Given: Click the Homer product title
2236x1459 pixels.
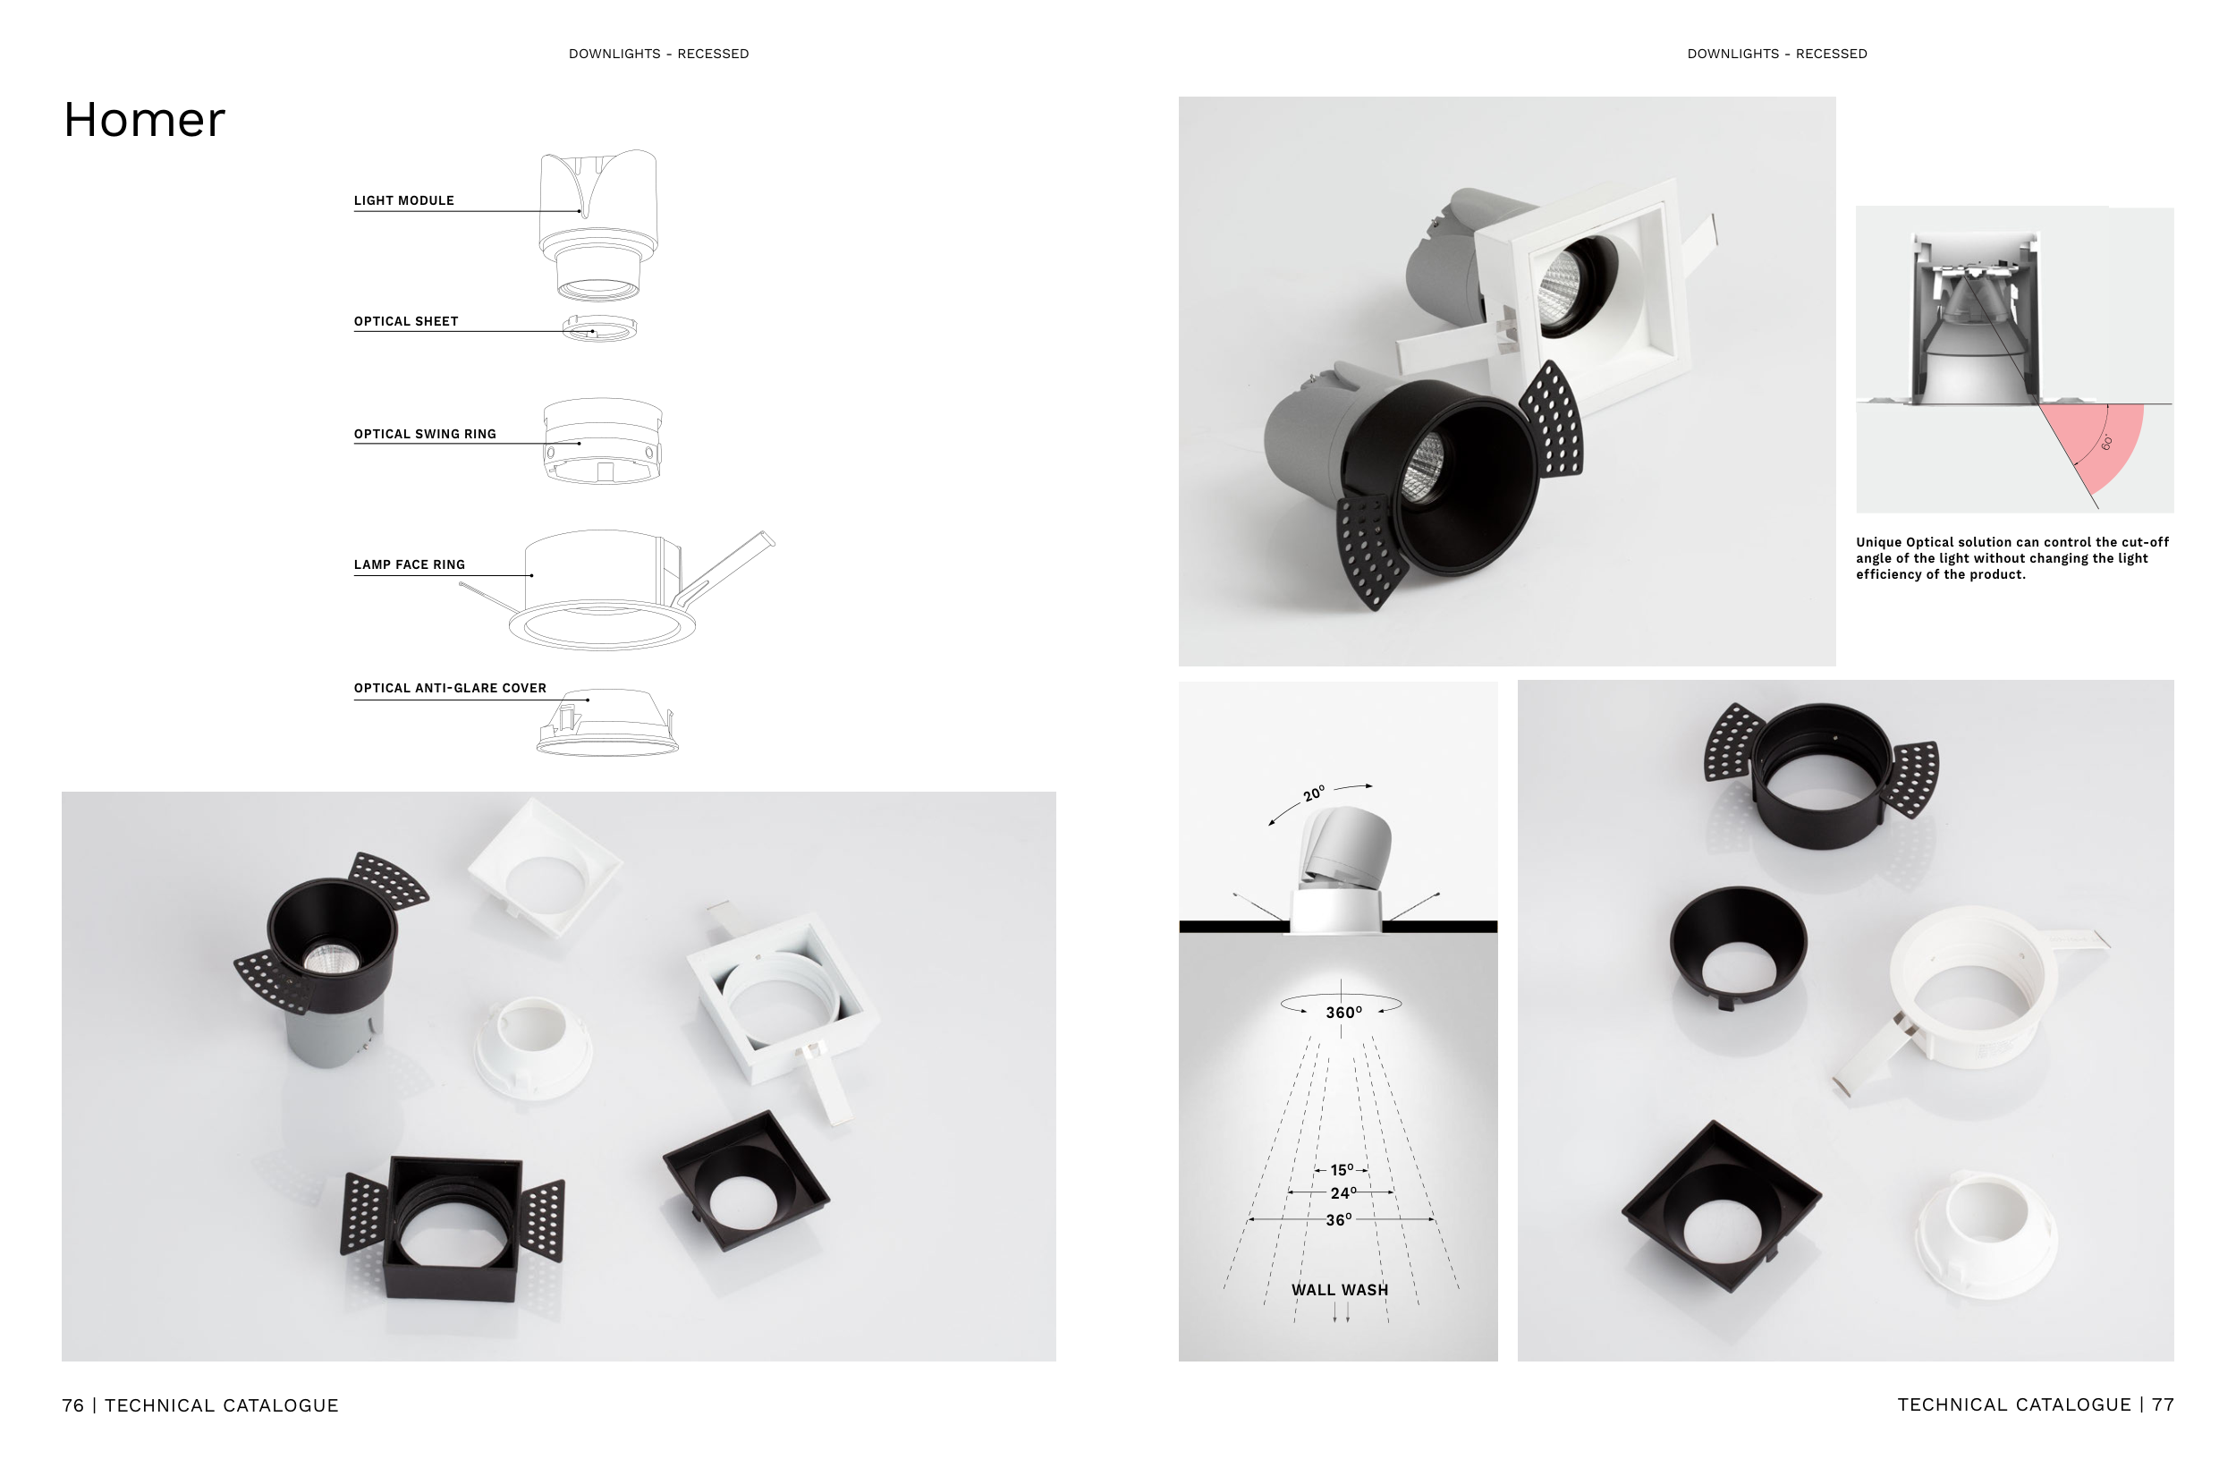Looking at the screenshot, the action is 144,120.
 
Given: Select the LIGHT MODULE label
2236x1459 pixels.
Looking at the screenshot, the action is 404,200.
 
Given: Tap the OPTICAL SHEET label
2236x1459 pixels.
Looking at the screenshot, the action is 406,321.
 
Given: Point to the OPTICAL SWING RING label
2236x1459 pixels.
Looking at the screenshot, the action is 425,434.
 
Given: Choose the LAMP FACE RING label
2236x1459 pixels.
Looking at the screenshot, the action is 410,564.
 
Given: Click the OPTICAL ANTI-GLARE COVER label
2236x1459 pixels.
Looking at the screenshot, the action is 450,688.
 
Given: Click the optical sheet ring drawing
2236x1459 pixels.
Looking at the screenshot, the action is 599,328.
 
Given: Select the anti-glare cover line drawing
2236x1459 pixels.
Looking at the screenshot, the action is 608,724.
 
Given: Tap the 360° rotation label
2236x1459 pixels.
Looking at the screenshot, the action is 1343,1013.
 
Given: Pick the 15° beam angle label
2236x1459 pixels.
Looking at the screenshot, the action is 1342,1170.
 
